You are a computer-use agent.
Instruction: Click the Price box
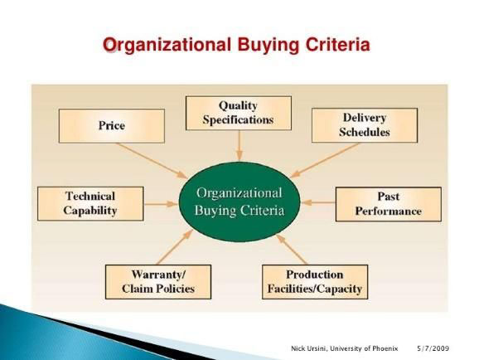coord(112,126)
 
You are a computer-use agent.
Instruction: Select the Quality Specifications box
coord(239,113)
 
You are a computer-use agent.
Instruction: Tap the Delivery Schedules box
coord(365,125)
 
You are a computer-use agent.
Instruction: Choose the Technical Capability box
coord(90,203)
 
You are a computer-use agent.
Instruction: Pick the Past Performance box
coord(389,204)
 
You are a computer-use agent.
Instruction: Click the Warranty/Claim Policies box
coord(158,282)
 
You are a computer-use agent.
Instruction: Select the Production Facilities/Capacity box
coord(315,282)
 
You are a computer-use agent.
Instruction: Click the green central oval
coord(239,202)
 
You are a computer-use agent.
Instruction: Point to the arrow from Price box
coord(151,161)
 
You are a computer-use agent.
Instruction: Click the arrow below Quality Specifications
coord(239,146)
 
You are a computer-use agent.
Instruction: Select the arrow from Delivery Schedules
coord(325,160)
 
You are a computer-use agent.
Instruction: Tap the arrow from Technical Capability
coord(161,204)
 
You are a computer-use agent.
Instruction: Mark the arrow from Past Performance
coord(318,202)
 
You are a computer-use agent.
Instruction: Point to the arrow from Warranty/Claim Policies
coord(174,247)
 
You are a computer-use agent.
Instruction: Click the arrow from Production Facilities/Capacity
coord(292,250)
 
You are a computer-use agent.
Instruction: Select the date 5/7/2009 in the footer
coord(433,348)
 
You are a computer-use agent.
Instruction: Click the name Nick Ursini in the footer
coord(308,348)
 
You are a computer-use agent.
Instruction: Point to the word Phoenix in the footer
coord(385,348)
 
